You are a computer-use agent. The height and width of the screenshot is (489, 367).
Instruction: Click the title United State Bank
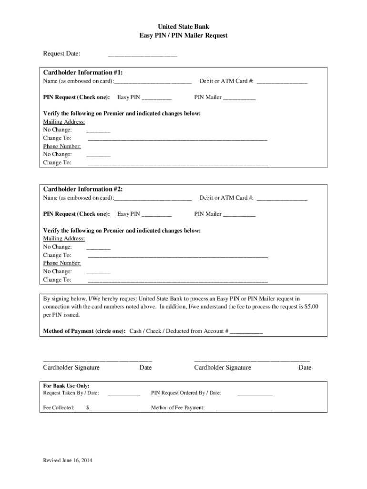pyautogui.click(x=183, y=27)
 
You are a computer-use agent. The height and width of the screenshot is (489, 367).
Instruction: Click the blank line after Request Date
pyautogui.click(x=143, y=56)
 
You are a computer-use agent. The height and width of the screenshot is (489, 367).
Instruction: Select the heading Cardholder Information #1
pyautogui.click(x=83, y=73)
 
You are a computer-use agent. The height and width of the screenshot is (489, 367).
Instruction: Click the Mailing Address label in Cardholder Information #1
pyautogui.click(x=64, y=122)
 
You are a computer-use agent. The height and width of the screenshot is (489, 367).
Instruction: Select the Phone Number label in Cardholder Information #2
pyautogui.click(x=62, y=263)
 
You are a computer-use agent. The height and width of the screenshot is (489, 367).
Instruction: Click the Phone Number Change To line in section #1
pyautogui.click(x=177, y=164)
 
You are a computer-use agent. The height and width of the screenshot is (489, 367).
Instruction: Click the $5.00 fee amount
pyautogui.click(x=311, y=307)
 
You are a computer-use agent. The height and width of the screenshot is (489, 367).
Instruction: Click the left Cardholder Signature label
pyautogui.click(x=71, y=368)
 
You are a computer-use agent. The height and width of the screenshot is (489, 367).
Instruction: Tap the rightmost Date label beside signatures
pyautogui.click(x=305, y=368)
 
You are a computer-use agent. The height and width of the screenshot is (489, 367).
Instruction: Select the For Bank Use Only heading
pyautogui.click(x=66, y=386)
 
